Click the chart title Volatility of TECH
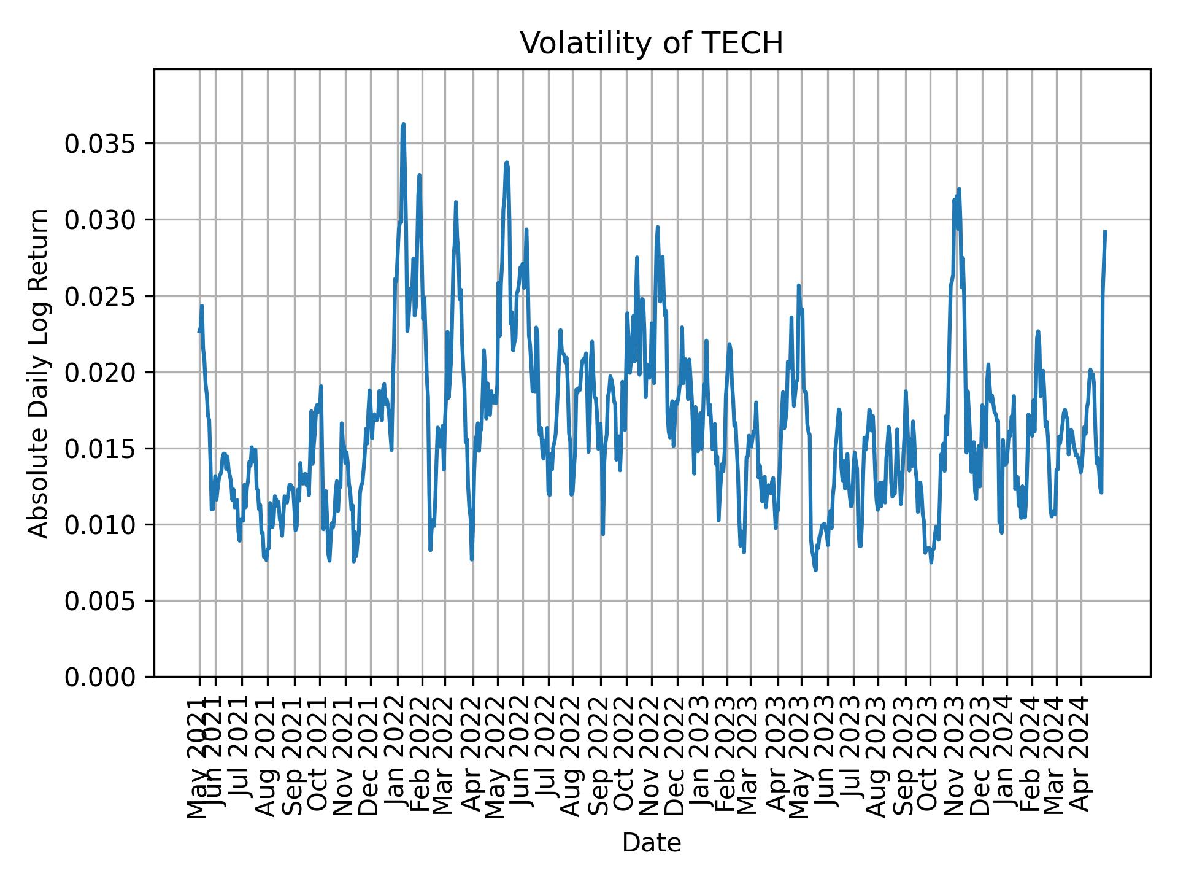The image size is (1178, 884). click(652, 44)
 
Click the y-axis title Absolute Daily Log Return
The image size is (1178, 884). click(39, 373)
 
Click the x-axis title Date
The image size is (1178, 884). click(652, 843)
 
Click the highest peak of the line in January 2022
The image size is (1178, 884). click(403, 124)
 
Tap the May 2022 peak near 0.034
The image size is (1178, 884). click(507, 162)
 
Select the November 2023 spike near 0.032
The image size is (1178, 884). click(959, 189)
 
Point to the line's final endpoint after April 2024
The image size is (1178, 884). click(1105, 231)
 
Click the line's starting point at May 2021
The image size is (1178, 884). click(199, 331)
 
